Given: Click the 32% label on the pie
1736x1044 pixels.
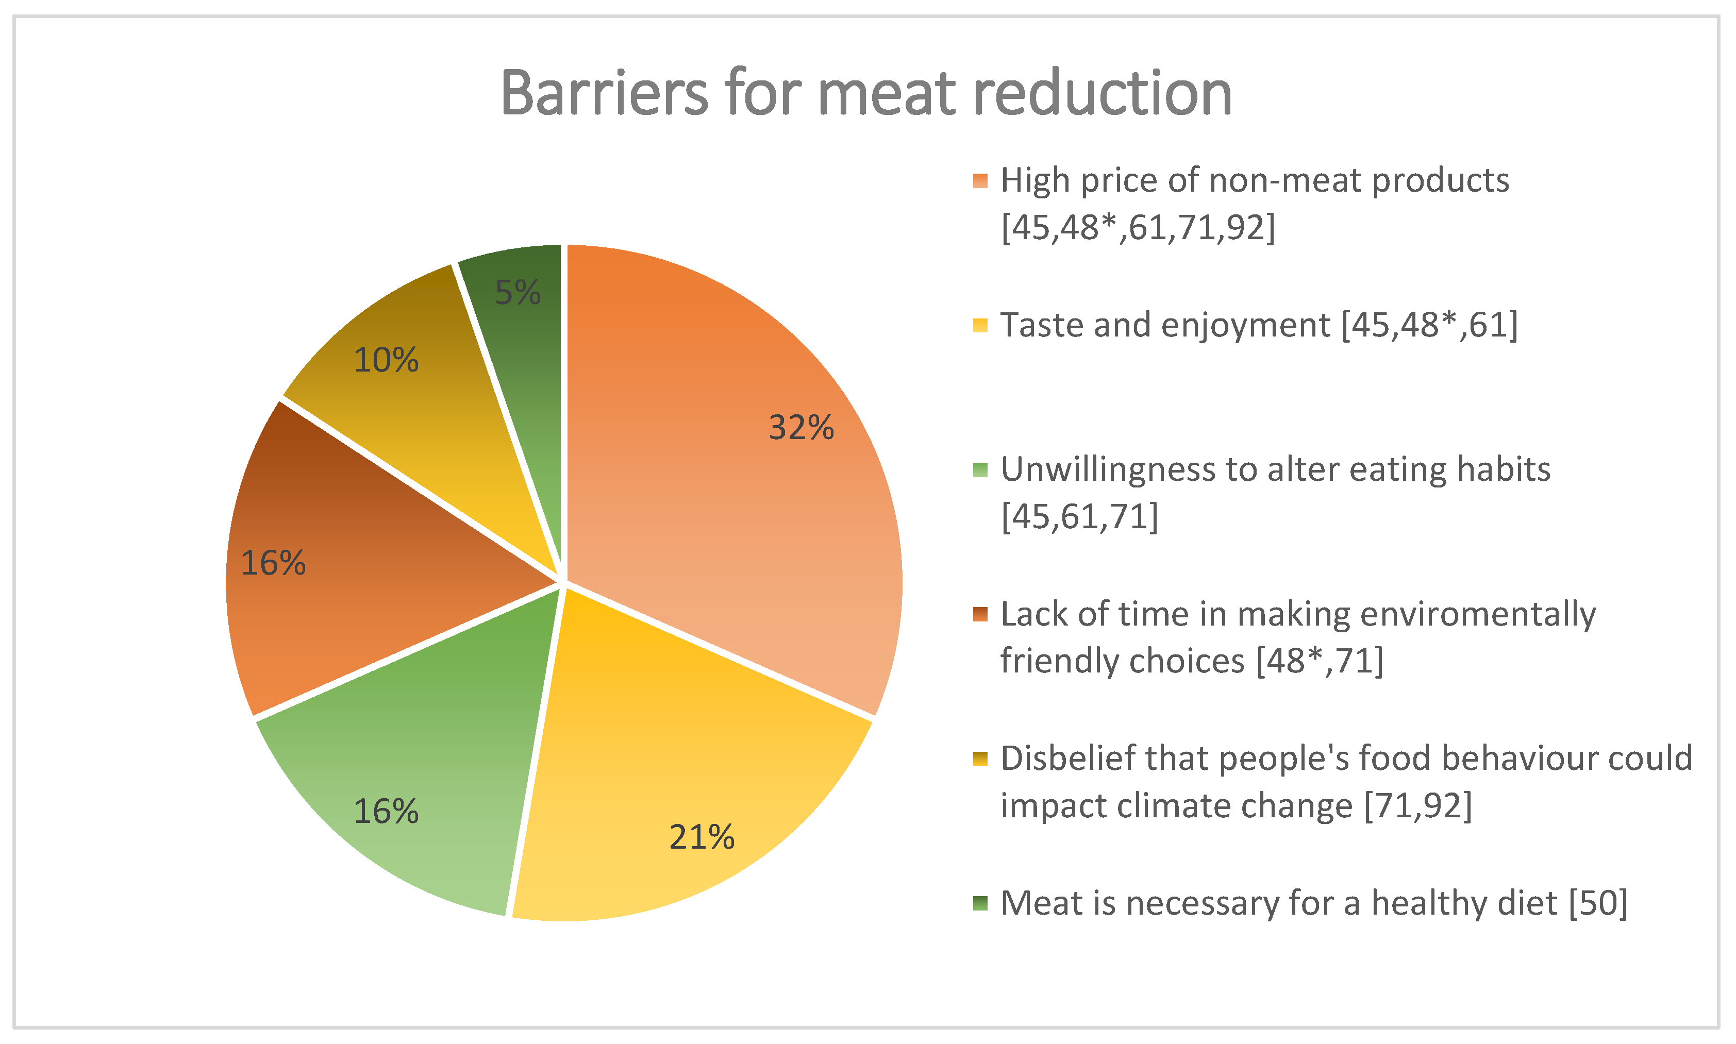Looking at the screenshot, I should (x=801, y=427).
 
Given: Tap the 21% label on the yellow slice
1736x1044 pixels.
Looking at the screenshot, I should (x=702, y=837).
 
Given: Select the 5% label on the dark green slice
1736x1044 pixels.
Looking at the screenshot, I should (x=518, y=292).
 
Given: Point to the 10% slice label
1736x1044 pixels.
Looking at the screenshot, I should (x=386, y=360).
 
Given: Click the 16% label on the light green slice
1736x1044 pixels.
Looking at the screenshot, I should (x=386, y=811).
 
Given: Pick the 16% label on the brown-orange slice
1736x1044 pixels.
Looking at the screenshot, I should (x=273, y=563).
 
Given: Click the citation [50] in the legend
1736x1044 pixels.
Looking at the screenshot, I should (x=1598, y=903).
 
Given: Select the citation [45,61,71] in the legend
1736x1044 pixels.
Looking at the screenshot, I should (x=1079, y=517).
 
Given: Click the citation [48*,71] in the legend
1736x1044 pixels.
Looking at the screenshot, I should (x=1320, y=661).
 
